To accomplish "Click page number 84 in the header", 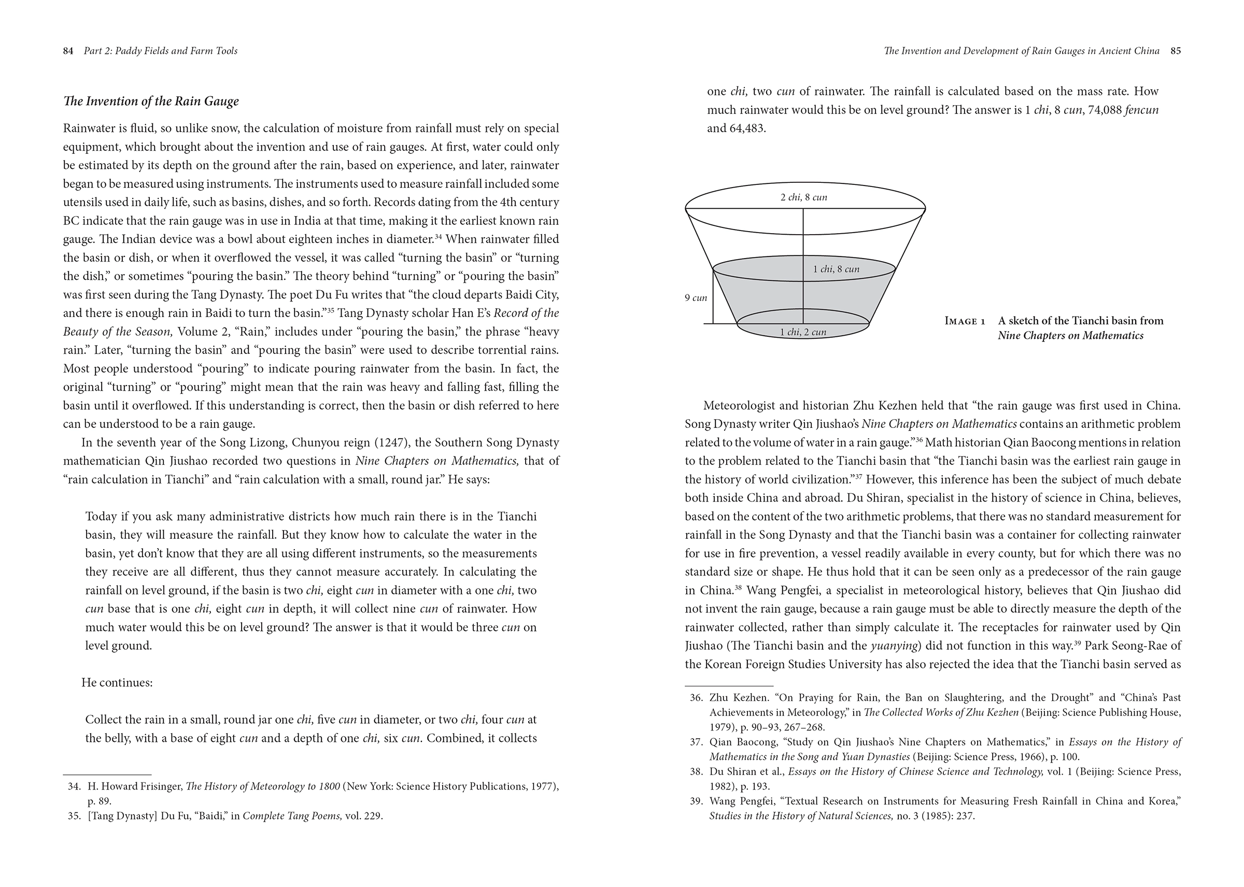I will (68, 51).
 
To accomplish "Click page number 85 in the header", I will (1176, 51).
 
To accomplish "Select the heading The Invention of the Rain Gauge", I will (151, 102).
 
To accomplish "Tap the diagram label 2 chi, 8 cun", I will (803, 198).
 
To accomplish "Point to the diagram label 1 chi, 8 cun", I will (836, 269).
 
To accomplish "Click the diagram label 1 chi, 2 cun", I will (802, 332).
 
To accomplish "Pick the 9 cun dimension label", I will (696, 298).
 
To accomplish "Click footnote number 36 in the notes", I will (696, 698).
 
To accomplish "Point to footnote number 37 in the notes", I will (696, 742).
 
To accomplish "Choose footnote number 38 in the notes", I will (696, 772).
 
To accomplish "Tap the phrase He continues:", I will (117, 683).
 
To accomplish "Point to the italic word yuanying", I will (894, 646).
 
